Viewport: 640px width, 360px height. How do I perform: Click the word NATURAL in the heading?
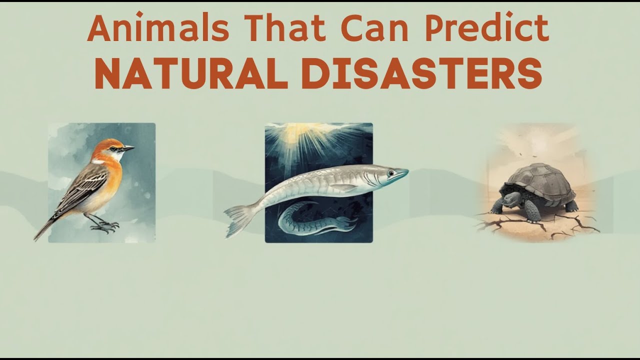click(x=192, y=74)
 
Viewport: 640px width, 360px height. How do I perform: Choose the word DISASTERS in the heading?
click(x=421, y=74)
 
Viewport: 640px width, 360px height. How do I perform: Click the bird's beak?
click(x=128, y=148)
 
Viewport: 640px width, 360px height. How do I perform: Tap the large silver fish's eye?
click(x=389, y=172)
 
